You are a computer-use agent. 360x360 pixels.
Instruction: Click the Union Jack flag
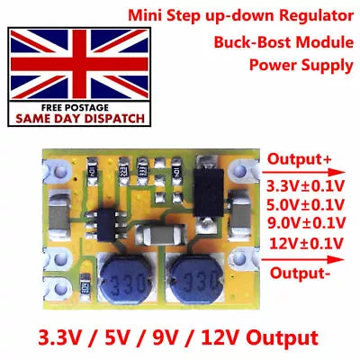coord(79,64)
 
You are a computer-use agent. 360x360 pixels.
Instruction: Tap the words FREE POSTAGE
coord(75,108)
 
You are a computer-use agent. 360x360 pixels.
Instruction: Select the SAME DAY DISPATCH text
coord(80,119)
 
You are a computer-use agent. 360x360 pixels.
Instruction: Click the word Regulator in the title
coord(317,15)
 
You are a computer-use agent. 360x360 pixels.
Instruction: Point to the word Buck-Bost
coord(253,42)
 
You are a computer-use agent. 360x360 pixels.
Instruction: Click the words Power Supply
coord(301,65)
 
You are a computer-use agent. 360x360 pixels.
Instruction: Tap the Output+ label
coord(300,159)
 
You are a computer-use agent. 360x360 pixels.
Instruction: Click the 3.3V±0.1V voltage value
coord(305,186)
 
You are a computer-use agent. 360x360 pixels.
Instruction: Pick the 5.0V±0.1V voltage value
coord(305,205)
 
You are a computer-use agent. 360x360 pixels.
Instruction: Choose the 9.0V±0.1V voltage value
coord(306,223)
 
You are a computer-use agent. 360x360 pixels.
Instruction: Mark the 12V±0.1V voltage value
coord(306,243)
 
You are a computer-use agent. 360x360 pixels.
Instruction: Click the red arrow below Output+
coord(303,173)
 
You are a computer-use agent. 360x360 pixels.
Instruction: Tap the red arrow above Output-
coord(302,260)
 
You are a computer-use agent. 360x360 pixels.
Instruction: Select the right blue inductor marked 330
coord(195,281)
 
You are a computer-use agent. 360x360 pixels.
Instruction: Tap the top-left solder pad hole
coord(60,171)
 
